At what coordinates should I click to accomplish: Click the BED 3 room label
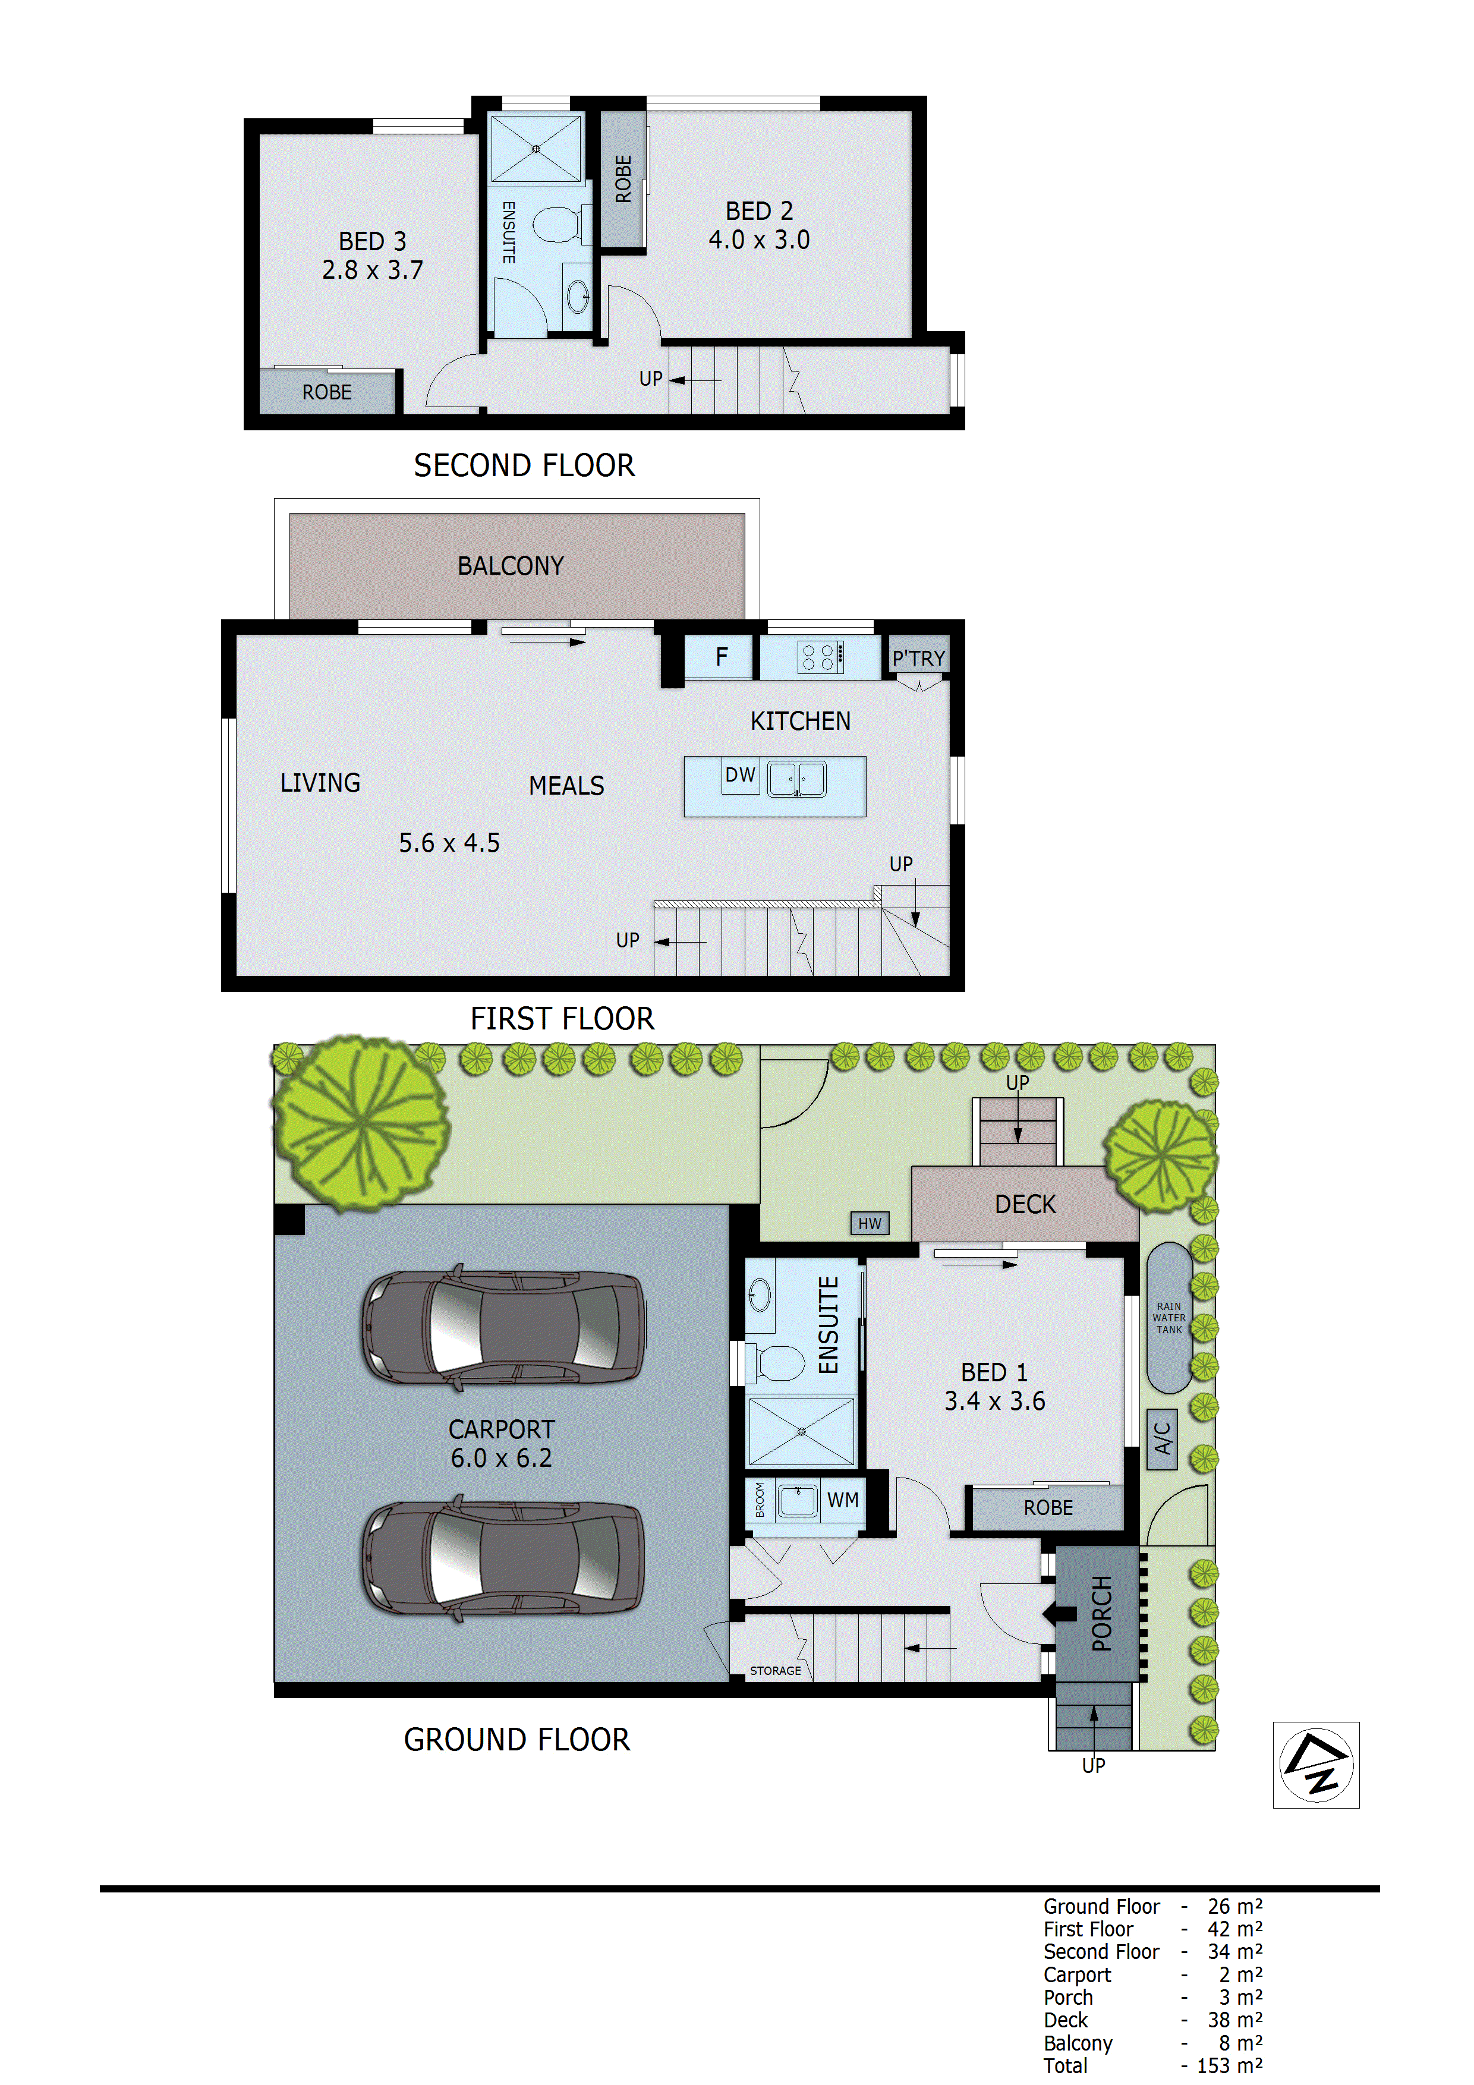click(x=371, y=241)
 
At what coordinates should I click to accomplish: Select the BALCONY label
click(x=511, y=566)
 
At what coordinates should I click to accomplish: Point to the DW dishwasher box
click(x=740, y=774)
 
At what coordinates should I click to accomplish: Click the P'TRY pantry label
click(x=918, y=657)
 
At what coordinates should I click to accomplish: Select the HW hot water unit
click(x=869, y=1223)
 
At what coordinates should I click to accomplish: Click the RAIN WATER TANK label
click(x=1169, y=1318)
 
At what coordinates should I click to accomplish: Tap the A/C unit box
click(x=1161, y=1440)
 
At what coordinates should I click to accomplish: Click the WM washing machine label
click(x=842, y=1500)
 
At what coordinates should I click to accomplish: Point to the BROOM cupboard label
click(x=759, y=1500)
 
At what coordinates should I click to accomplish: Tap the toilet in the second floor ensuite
click(x=556, y=224)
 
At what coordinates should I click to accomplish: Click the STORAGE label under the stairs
click(x=774, y=1670)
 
